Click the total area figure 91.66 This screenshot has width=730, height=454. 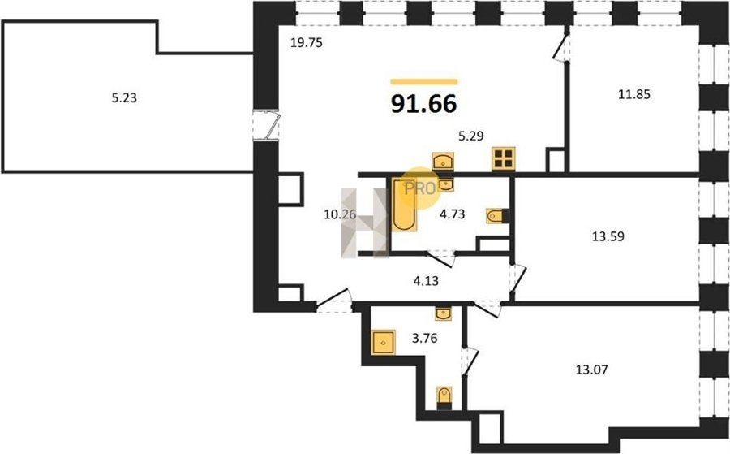[x=423, y=103]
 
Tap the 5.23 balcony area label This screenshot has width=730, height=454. [x=124, y=98]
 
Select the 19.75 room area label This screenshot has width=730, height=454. [x=307, y=43]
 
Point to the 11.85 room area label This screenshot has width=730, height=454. [x=634, y=94]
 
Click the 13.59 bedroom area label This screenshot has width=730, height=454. [x=608, y=236]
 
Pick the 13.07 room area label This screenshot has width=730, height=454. [x=591, y=370]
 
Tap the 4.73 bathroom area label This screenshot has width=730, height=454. [x=453, y=214]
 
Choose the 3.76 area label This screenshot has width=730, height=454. [x=424, y=338]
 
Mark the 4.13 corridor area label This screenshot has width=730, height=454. [x=426, y=281]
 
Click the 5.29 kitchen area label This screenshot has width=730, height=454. [x=471, y=136]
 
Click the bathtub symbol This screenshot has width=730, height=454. [x=404, y=204]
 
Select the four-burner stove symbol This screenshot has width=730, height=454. [x=504, y=158]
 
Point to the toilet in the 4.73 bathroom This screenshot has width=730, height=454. [x=497, y=216]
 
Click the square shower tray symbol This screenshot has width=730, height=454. [x=383, y=342]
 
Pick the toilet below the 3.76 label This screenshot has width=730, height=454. [x=444, y=398]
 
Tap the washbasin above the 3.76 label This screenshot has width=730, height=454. [x=444, y=313]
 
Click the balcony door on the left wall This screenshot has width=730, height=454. [x=266, y=125]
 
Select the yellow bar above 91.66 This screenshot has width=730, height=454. [x=423, y=82]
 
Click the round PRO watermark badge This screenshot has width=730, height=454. [x=420, y=188]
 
